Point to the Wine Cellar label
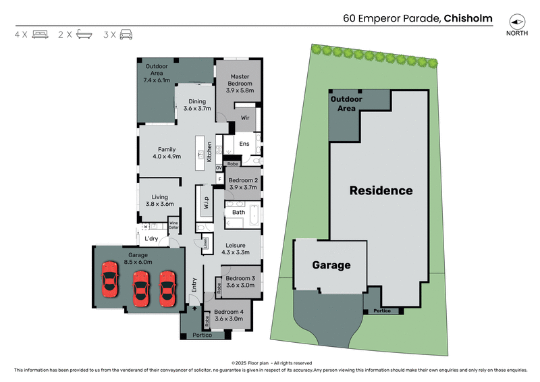point(173,224)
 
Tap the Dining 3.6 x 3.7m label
point(197,105)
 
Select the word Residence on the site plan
point(381,191)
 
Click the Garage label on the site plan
point(331,265)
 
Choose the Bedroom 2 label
point(242,184)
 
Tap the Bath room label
point(238,212)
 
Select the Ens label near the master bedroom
point(244,144)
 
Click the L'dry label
point(151,238)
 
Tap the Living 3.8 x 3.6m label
point(160,200)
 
